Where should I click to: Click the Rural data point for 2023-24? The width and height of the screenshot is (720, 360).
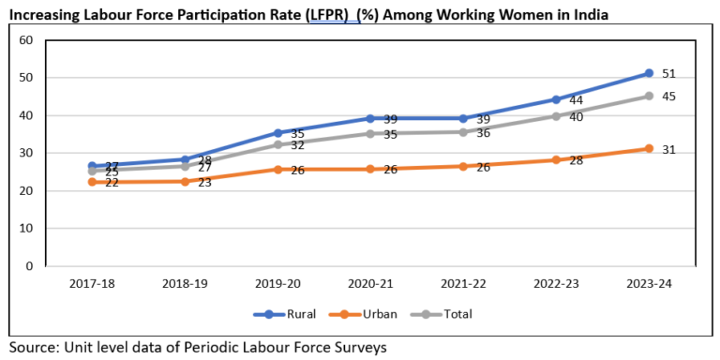click(x=649, y=73)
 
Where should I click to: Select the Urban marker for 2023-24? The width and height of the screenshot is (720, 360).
click(x=649, y=148)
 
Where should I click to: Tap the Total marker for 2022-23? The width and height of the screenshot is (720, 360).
click(x=556, y=116)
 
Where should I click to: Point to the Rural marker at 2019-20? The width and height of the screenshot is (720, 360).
click(x=277, y=132)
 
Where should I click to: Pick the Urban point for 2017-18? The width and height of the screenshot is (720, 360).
click(x=92, y=182)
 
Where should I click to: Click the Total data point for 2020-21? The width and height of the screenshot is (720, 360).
click(x=370, y=133)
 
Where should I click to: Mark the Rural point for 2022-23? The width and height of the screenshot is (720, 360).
click(x=556, y=99)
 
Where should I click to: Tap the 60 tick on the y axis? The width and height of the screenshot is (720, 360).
click(x=25, y=40)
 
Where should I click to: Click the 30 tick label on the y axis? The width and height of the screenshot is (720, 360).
click(x=25, y=153)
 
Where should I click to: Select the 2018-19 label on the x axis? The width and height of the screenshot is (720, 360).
click(x=185, y=282)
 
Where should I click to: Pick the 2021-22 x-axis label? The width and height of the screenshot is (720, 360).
click(x=463, y=282)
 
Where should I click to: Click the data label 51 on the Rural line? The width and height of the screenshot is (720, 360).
click(x=668, y=73)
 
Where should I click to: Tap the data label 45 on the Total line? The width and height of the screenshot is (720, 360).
click(x=668, y=97)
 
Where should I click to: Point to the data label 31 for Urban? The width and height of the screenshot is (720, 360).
click(x=668, y=150)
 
